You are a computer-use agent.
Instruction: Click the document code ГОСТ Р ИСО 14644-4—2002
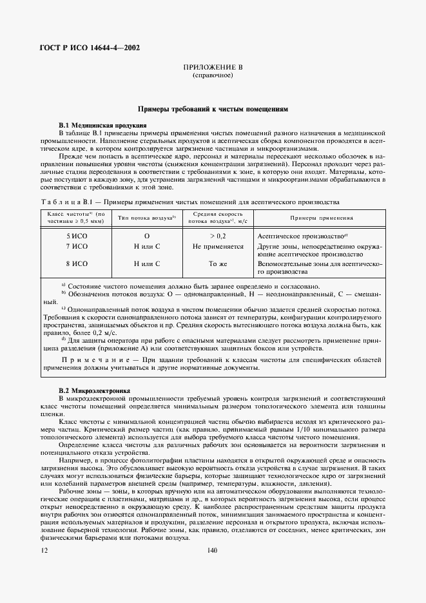(90, 47)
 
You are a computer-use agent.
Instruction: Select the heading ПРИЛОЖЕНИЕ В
(212, 67)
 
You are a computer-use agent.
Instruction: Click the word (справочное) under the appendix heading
(212, 75)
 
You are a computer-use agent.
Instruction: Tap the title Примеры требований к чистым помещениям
(212, 110)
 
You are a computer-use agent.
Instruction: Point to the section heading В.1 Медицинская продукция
(103, 124)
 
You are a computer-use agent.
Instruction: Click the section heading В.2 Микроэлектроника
(95, 390)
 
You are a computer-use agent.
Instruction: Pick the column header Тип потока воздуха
(146, 218)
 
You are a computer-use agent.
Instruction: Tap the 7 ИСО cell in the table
(77, 246)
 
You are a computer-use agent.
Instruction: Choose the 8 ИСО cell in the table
(77, 263)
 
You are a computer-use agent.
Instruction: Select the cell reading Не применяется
(218, 246)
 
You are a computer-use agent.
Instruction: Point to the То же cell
(218, 263)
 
